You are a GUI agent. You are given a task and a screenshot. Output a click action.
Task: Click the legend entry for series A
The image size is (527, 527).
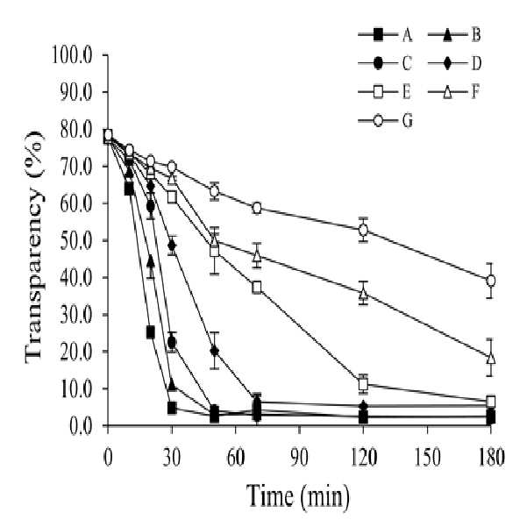(386, 34)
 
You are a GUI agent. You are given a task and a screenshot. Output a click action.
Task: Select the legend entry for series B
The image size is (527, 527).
(454, 34)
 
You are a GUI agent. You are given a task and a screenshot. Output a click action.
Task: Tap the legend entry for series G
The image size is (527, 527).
(386, 121)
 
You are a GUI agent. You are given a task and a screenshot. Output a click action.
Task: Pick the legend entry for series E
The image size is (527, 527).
(386, 92)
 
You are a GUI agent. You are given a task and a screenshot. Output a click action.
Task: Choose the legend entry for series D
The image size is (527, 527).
(454, 63)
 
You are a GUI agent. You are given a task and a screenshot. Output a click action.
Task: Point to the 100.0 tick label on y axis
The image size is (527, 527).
(72, 54)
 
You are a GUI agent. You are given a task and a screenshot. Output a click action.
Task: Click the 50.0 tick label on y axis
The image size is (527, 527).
(76, 240)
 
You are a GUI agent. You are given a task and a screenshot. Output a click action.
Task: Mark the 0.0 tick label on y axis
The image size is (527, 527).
(81, 426)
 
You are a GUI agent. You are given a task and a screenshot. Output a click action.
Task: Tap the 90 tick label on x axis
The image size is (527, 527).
(299, 458)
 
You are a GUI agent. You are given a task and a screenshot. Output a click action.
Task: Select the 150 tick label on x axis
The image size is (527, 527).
(427, 458)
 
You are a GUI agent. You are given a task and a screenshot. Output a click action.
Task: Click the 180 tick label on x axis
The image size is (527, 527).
(491, 458)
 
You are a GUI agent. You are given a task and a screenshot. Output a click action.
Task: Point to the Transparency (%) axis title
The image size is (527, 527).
(34, 247)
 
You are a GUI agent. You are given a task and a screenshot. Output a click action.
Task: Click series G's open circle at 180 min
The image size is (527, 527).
(491, 281)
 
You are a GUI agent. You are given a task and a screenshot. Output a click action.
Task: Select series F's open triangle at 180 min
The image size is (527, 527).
(491, 359)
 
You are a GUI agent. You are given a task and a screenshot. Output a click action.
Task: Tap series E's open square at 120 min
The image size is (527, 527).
(363, 384)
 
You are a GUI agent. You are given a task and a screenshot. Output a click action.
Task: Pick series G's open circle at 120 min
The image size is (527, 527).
(363, 231)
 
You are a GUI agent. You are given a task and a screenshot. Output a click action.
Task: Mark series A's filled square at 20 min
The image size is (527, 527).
(151, 332)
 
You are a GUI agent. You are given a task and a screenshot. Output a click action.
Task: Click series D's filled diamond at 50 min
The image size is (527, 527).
(215, 351)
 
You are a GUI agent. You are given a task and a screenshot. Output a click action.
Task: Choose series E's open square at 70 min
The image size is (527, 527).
(257, 288)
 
